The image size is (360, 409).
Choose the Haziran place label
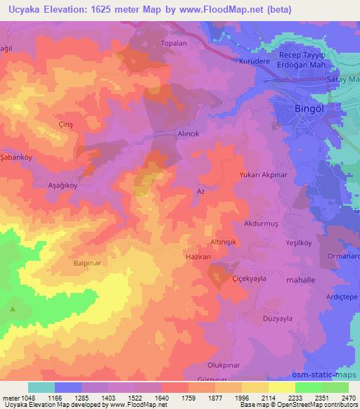[x=198, y=257]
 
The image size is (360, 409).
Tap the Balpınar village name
[x=89, y=264]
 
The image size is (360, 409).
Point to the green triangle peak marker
[x=12, y=309]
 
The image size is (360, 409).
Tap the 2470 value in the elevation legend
[x=347, y=398]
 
